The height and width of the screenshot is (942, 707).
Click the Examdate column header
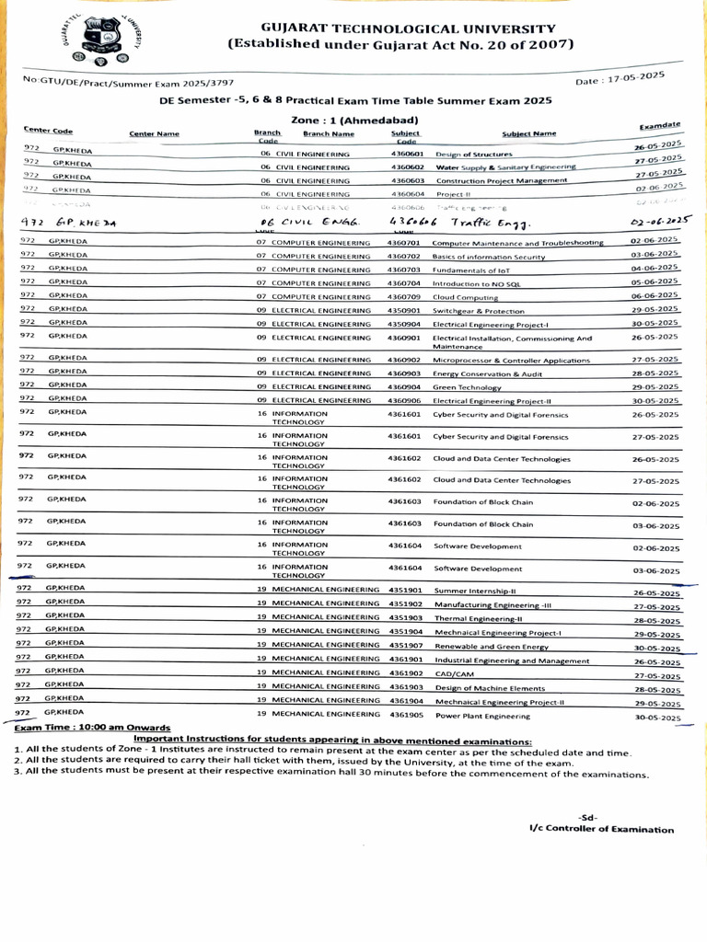coord(659,125)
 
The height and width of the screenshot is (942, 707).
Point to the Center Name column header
coord(154,134)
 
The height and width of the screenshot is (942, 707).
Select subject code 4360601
coord(406,155)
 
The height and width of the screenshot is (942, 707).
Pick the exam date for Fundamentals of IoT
coord(655,268)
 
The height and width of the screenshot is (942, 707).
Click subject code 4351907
coord(406,646)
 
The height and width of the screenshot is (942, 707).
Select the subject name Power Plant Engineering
coord(482,715)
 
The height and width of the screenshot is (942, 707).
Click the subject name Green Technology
coord(467,387)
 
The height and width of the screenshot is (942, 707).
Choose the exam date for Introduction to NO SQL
coord(655,282)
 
